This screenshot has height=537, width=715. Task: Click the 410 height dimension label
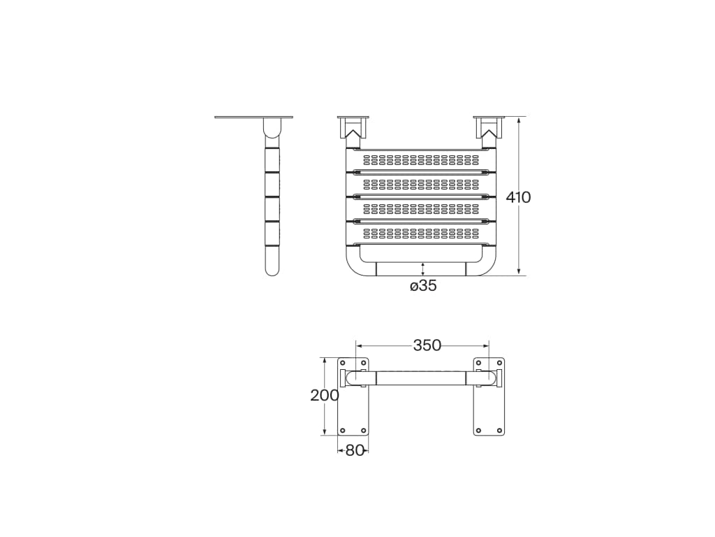(519, 197)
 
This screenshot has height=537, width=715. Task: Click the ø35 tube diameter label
(423, 286)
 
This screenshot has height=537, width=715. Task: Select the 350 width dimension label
(427, 345)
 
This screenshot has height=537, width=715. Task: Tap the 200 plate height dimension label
(325, 396)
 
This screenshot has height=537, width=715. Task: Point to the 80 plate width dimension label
(354, 451)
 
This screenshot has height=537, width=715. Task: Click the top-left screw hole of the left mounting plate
(343, 363)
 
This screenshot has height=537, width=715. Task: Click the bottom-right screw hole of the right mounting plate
(499, 430)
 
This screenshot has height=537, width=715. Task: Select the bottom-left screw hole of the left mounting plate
(343, 430)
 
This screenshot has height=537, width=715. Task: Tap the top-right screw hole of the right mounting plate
(499, 363)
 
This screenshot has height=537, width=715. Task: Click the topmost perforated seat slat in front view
(420, 160)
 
